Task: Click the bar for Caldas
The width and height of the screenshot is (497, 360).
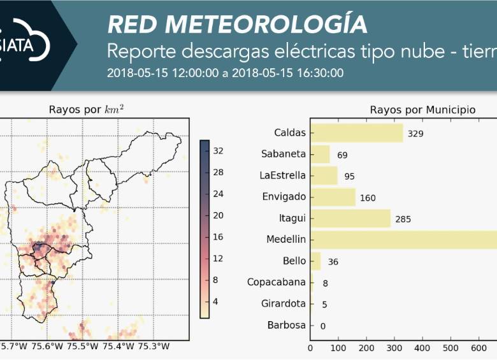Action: [357, 133]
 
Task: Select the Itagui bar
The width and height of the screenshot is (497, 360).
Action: [350, 219]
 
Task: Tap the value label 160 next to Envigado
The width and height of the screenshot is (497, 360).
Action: [368, 198]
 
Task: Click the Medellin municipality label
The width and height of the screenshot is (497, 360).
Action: [287, 240]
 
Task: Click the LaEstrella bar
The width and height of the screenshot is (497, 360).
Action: [324, 176]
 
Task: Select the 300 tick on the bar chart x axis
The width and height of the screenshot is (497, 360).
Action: [394, 348]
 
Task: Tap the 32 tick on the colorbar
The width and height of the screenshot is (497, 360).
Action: [217, 151]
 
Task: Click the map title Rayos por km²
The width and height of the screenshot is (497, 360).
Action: [86, 110]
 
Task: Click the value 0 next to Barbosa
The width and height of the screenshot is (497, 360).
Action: [323, 326]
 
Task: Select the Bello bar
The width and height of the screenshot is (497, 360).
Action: [315, 261]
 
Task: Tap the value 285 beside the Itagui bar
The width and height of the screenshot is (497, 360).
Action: [403, 219]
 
